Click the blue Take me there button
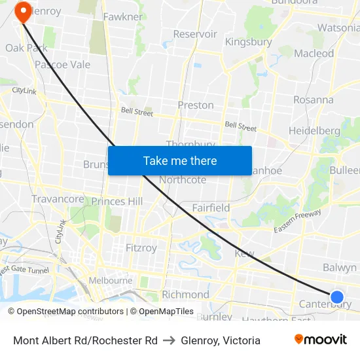click(180, 160)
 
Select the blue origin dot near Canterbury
click(337, 297)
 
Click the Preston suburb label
click(196, 105)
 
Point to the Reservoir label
click(195, 34)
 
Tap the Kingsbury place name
click(248, 42)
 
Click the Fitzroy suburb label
click(141, 248)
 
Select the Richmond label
click(185, 295)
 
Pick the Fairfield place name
click(211, 207)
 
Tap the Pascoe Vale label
click(62, 65)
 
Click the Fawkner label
click(122, 16)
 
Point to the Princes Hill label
click(117, 202)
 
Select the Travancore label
click(58, 199)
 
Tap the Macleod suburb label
click(314, 54)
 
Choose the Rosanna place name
click(313, 99)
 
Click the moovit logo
click(320, 340)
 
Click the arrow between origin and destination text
click(169, 340)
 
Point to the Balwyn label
click(340, 267)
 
